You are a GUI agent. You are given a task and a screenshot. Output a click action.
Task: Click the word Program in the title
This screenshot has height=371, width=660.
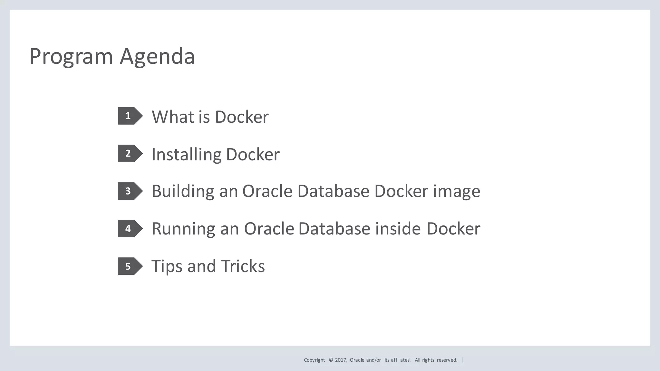point(71,57)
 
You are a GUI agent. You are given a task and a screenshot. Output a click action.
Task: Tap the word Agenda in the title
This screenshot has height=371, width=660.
point(157,57)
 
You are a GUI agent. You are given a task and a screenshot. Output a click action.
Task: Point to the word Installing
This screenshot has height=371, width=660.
point(186,155)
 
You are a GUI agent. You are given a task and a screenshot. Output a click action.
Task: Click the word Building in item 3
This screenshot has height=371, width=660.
point(183,191)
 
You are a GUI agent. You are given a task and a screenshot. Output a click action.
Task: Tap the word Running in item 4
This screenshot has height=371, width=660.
point(183,229)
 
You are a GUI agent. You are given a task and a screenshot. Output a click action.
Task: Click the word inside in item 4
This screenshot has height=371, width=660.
point(398,229)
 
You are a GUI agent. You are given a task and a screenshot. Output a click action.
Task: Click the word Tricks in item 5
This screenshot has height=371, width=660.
point(243,267)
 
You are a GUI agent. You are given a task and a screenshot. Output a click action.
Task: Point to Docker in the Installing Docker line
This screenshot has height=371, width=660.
point(253,155)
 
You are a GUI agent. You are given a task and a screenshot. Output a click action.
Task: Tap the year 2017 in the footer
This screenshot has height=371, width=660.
point(340,360)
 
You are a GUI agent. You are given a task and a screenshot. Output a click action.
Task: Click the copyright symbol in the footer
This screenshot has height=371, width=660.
point(331,360)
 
